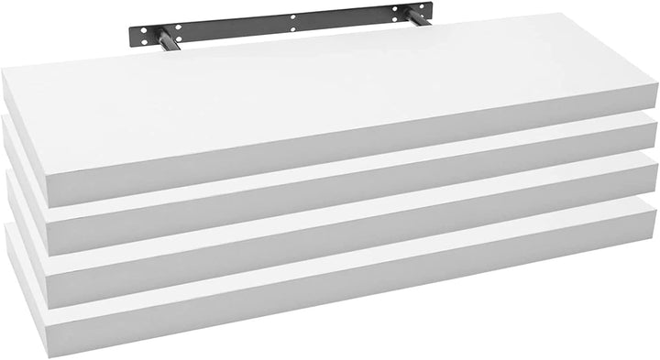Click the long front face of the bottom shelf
coord(367,298)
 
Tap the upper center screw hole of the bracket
coord(293,19)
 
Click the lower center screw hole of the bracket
coord(293,31)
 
